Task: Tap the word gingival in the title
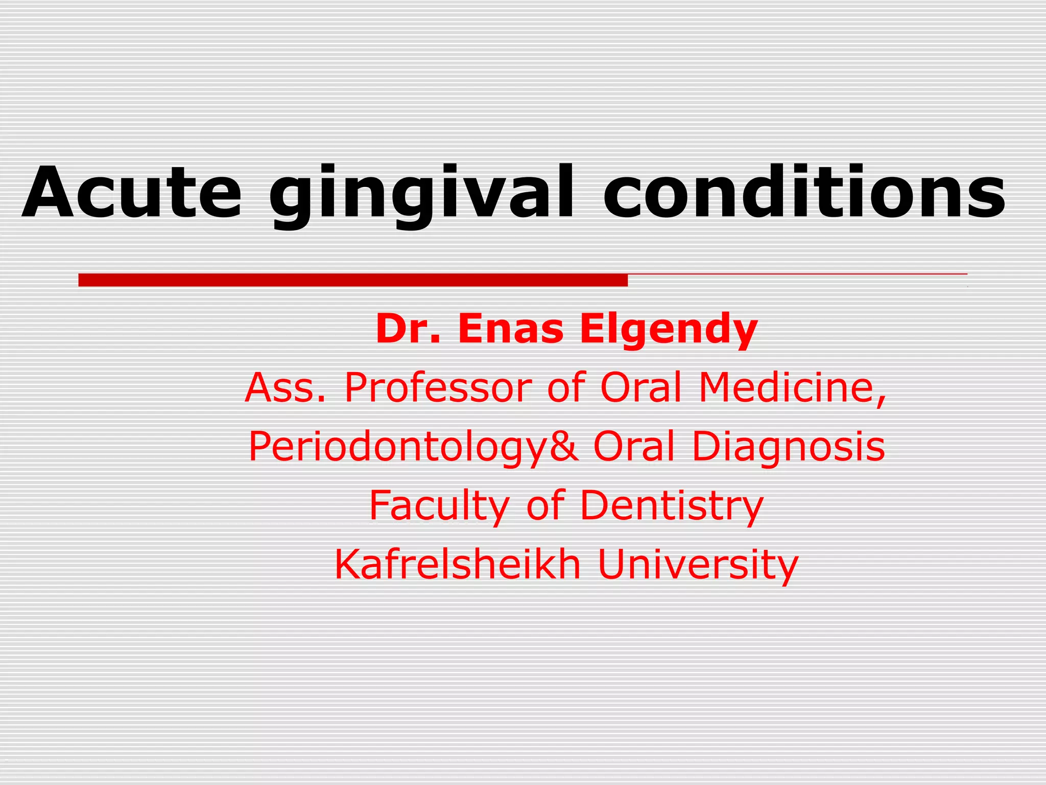(421, 194)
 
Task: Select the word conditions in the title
(804, 192)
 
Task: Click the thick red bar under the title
(352, 280)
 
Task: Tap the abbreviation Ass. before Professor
(285, 387)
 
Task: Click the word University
(698, 565)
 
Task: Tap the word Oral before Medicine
(641, 387)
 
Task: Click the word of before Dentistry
(545, 505)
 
